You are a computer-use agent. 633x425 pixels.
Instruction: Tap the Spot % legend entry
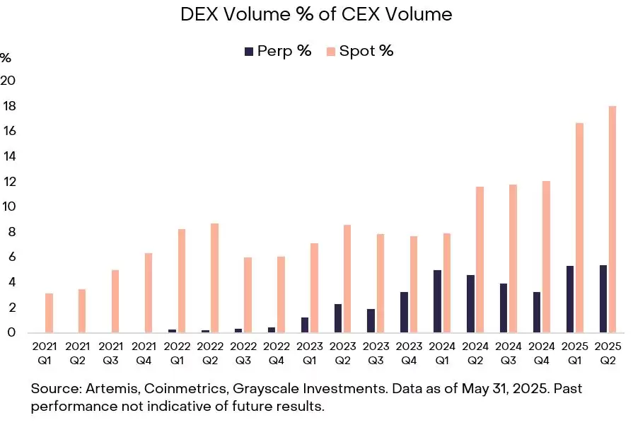pyautogui.click(x=359, y=51)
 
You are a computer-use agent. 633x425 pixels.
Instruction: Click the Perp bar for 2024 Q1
pyautogui.click(x=438, y=301)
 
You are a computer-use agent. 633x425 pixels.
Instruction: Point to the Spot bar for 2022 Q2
pyautogui.click(x=214, y=278)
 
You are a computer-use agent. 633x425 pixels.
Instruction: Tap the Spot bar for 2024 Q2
pyautogui.click(x=480, y=260)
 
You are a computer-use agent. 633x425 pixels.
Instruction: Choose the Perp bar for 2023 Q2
pyautogui.click(x=338, y=318)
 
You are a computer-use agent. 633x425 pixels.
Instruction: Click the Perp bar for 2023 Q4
pyautogui.click(x=405, y=312)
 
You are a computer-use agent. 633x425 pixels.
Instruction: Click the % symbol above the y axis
pyautogui.click(x=6, y=57)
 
